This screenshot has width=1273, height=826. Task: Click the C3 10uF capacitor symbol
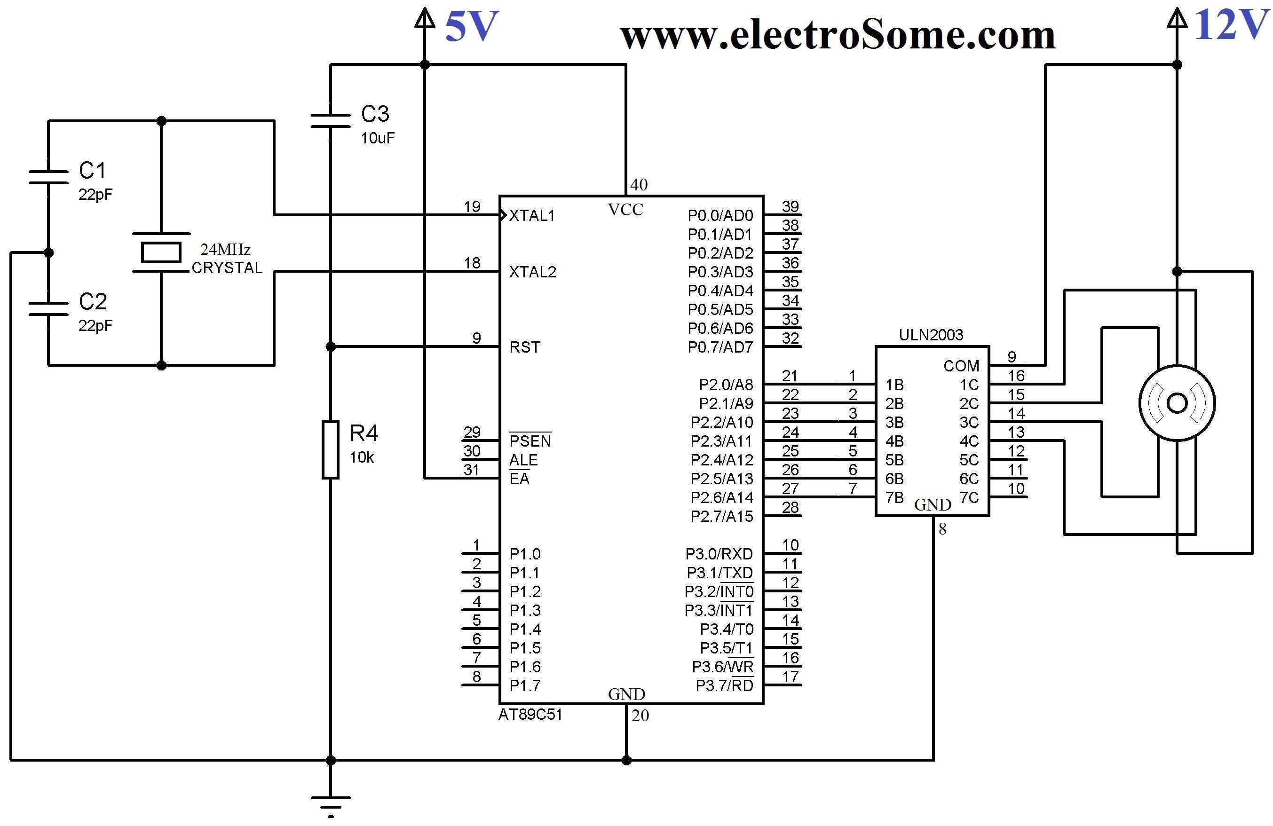tap(331, 120)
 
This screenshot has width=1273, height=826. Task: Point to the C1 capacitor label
tap(93, 171)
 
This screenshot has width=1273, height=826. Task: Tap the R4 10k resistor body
tap(331, 449)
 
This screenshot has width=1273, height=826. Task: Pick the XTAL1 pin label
tap(532, 215)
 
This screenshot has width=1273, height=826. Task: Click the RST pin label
tap(524, 347)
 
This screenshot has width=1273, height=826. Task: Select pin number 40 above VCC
tap(639, 185)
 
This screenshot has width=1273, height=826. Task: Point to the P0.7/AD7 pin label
tap(720, 347)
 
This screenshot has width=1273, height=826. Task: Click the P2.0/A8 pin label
tap(725, 385)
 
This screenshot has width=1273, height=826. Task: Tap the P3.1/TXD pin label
tap(720, 573)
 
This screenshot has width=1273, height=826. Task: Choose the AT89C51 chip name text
tap(530, 715)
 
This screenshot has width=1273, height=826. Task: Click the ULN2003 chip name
tap(931, 335)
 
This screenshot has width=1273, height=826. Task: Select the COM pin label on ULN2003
tap(961, 366)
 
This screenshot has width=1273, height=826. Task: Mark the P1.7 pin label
tap(524, 685)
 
